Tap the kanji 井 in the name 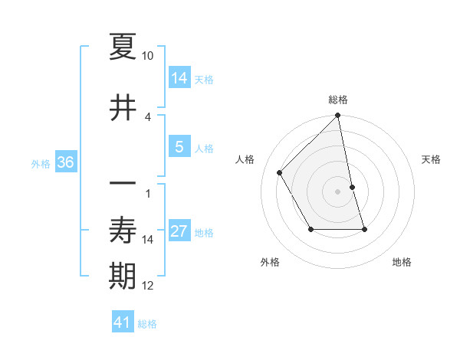(123, 108)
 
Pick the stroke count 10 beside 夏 (148, 56)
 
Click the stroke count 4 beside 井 (148, 116)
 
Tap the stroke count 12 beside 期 (148, 286)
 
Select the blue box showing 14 (179, 77)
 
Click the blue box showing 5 (179, 147)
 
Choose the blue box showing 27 (179, 231)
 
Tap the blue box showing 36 (65, 162)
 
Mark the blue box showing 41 (123, 322)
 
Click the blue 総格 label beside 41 (147, 324)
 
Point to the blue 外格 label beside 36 (41, 163)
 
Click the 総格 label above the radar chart (338, 100)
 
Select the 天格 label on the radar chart (432, 159)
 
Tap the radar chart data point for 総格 (338, 116)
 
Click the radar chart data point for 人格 (280, 173)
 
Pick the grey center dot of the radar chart (338, 191)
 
